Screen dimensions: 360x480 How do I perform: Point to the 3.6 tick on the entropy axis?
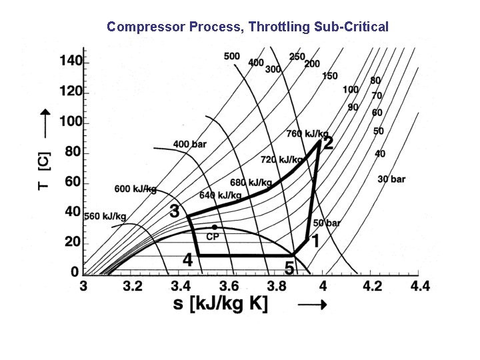pyautogui.click(x=228, y=286)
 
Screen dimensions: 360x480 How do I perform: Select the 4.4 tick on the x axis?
pyautogui.click(x=420, y=286)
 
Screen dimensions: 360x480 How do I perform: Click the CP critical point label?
pyautogui.click(x=213, y=236)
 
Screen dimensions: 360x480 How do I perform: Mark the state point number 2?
pyautogui.click(x=328, y=143)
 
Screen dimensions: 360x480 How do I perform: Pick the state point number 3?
pyautogui.click(x=175, y=211)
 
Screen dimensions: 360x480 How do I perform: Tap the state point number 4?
pyautogui.click(x=187, y=259)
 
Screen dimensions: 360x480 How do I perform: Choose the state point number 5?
pyautogui.click(x=289, y=269)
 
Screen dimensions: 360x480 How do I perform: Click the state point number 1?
pyautogui.click(x=315, y=240)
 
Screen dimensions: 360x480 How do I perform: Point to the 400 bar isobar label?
pyautogui.click(x=190, y=144)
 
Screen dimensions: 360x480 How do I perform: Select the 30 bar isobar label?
pyautogui.click(x=391, y=179)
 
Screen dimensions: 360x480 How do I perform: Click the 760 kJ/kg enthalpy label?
pyautogui.click(x=307, y=134)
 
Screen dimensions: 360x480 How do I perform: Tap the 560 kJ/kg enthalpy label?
pyautogui.click(x=105, y=215)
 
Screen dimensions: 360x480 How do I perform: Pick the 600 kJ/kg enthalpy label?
pyautogui.click(x=135, y=189)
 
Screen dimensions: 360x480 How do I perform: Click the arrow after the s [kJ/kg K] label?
pyautogui.click(x=311, y=305)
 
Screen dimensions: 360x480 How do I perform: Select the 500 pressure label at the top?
pyautogui.click(x=231, y=56)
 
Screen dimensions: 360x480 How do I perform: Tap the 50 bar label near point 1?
pyautogui.click(x=327, y=223)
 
